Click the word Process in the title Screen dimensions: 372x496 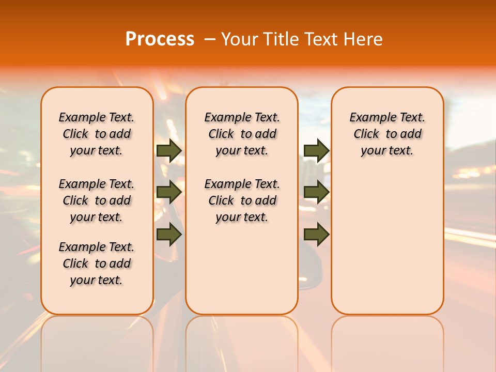click(x=160, y=39)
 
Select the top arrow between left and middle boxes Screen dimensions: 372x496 click(x=169, y=151)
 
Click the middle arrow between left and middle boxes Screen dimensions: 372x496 click(x=169, y=192)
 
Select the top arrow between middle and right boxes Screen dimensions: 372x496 click(x=316, y=151)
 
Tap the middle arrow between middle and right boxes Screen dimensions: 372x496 click(x=316, y=192)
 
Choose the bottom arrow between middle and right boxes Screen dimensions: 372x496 click(x=316, y=235)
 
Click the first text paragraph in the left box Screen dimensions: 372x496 click(x=97, y=134)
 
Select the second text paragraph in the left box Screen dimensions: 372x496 click(x=97, y=200)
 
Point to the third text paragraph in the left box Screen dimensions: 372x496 click(x=97, y=263)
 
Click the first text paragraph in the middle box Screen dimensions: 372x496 click(x=242, y=134)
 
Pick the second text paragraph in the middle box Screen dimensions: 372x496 click(x=242, y=200)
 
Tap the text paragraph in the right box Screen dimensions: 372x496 click(x=388, y=134)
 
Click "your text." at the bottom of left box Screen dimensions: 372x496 click(x=97, y=280)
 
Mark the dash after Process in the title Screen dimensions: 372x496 click(x=209, y=39)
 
